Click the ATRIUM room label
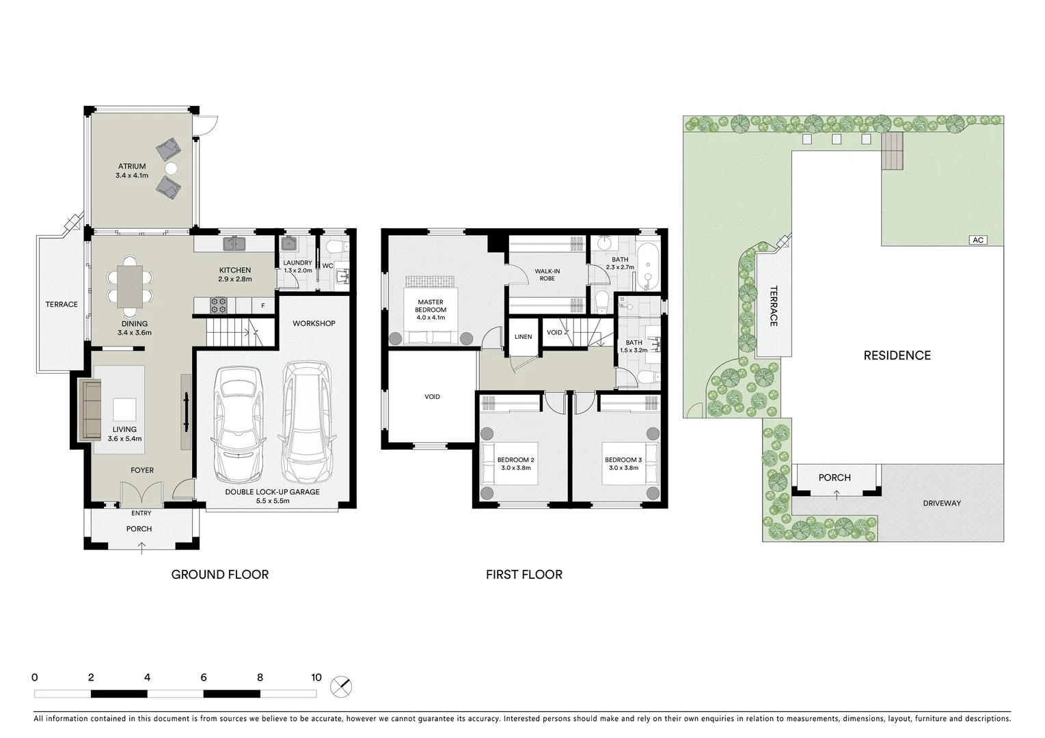coord(132,166)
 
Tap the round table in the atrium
coord(170,167)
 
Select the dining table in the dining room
coord(130,286)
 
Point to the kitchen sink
coord(234,243)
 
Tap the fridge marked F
coord(263,305)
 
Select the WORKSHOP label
coord(314,323)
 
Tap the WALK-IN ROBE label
coord(547,275)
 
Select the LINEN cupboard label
coord(523,337)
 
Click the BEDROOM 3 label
coord(623,460)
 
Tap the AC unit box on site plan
coord(978,240)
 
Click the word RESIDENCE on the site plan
coord(897,355)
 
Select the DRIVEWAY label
coord(941,503)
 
